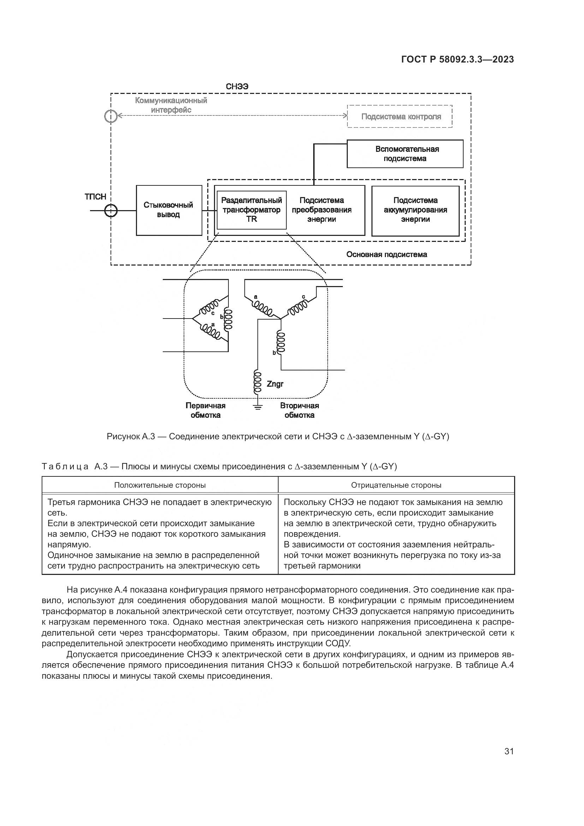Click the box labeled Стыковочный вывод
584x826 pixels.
coord(169,210)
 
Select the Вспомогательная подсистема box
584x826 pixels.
coord(405,154)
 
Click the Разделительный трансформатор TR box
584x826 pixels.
coord(251,210)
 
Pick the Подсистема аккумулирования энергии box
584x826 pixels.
coord(415,210)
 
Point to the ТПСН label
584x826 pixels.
coord(95,197)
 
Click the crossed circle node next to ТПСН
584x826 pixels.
coord(111,210)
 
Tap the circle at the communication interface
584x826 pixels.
coord(111,116)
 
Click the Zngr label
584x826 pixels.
coord(275,384)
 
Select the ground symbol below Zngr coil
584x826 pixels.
coord(257,407)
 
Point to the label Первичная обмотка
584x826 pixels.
coord(205,410)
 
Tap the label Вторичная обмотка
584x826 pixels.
coord(299,410)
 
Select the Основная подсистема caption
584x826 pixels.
coord(387,255)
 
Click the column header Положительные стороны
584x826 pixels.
coord(160,485)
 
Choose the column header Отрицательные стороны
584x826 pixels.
coord(396,485)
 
